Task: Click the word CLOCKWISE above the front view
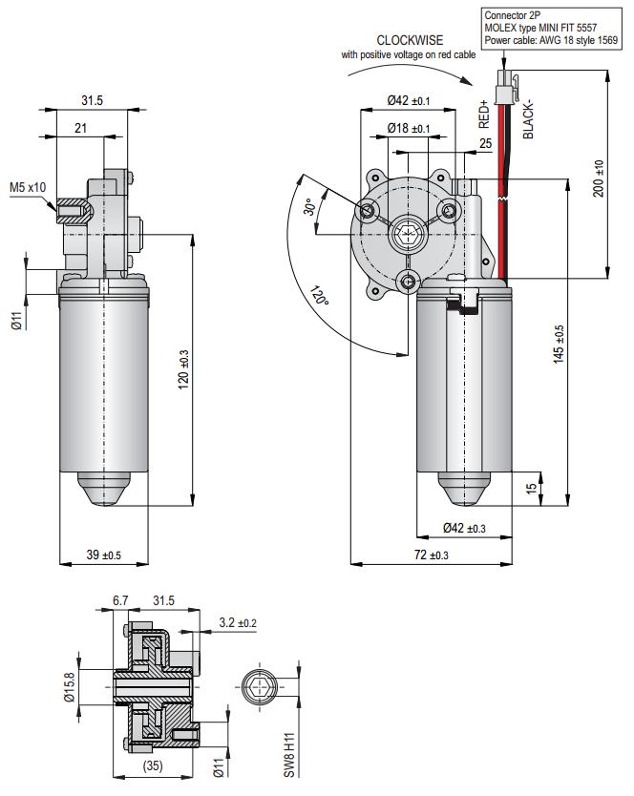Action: (x=409, y=40)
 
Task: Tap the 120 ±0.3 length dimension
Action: (x=184, y=367)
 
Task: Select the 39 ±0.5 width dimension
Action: (x=103, y=555)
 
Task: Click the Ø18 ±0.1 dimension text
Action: (x=409, y=128)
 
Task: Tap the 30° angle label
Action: (x=308, y=208)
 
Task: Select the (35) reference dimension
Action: (x=151, y=765)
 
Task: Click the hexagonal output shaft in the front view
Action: (x=410, y=231)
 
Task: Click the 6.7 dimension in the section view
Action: (x=120, y=600)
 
